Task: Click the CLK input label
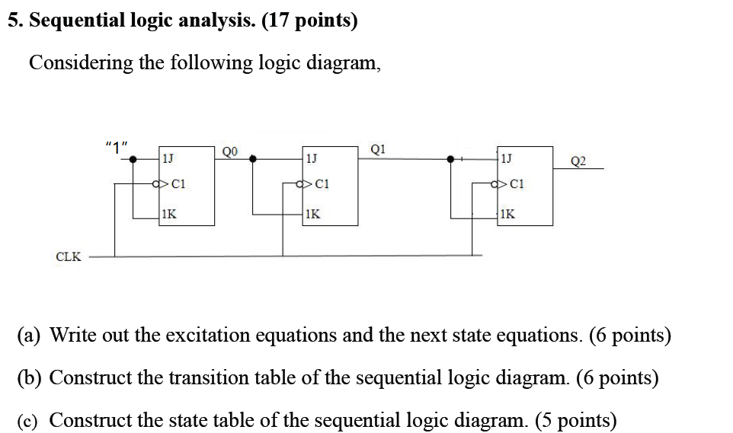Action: [x=69, y=256]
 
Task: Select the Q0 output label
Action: [x=230, y=151]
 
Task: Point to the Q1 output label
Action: [x=379, y=149]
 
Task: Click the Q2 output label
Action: [x=578, y=161]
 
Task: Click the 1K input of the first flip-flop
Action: [x=168, y=215]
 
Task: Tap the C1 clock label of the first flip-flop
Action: [x=179, y=183]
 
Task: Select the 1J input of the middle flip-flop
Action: [x=311, y=159]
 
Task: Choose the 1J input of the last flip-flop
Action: [x=507, y=159]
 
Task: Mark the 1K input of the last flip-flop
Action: [x=507, y=215]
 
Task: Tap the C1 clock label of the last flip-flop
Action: [x=517, y=183]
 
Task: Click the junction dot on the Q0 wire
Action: [x=254, y=159]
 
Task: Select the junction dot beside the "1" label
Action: [x=133, y=159]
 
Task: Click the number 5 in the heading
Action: [x=13, y=21]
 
